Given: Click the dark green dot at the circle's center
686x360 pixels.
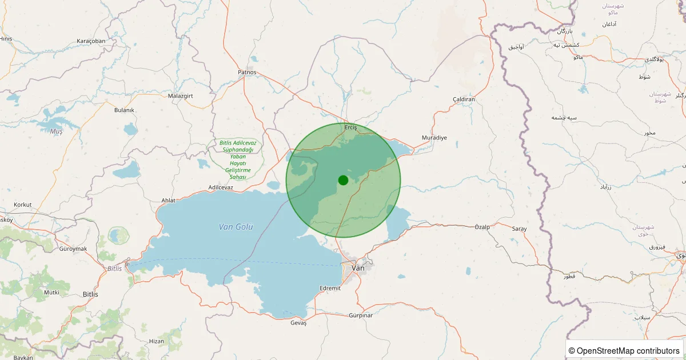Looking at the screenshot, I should [343, 180].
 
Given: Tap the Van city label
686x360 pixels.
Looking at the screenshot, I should [358, 268].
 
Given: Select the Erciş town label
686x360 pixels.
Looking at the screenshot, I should [350, 127].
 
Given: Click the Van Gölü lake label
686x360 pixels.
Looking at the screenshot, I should [236, 227].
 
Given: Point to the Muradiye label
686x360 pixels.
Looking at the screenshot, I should [434, 138].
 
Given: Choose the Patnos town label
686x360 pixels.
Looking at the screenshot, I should [247, 73].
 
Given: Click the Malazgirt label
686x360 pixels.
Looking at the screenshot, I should [182, 96].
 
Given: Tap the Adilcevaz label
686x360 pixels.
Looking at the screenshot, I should [221, 187].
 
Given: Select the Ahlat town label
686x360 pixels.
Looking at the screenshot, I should [169, 201].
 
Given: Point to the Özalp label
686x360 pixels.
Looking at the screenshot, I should [482, 227].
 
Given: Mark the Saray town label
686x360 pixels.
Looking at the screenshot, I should [519, 229].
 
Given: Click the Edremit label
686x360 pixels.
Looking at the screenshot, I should [330, 288].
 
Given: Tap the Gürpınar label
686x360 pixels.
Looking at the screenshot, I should [360, 315].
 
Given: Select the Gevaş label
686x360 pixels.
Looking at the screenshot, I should [298, 323].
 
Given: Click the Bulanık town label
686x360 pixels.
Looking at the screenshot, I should [124, 110].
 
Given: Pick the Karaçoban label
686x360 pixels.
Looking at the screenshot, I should [91, 41].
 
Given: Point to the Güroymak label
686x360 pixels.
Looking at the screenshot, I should [73, 249].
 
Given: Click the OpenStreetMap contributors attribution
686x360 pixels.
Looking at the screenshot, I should [625, 350].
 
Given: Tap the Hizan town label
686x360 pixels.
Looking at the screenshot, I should [156, 341].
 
